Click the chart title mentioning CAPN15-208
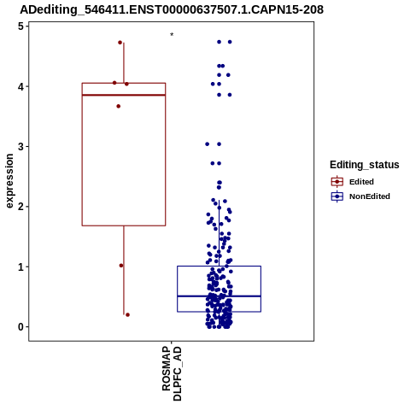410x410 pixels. [172, 10]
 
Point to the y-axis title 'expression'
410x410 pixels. [9, 181]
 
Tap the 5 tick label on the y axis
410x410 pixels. [20, 26]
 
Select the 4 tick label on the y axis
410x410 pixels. [20, 86]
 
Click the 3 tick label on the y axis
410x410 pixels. [20, 147]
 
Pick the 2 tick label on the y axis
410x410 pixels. [20, 207]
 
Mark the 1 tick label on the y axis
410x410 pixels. [20, 267]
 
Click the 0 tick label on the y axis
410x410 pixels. [20, 327]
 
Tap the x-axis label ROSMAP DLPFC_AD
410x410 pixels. [172, 373]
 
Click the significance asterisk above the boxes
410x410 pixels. [172, 35]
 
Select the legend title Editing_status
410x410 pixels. [365, 165]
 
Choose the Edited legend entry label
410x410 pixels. [361, 182]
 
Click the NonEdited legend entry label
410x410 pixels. [370, 196]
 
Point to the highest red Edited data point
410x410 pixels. [120, 43]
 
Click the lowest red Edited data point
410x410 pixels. [127, 315]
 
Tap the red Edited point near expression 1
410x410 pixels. [121, 266]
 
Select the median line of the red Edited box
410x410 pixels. [124, 95]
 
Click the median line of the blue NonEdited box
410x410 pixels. [220, 296]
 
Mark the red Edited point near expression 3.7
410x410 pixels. [119, 106]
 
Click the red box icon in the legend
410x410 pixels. [337, 182]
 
